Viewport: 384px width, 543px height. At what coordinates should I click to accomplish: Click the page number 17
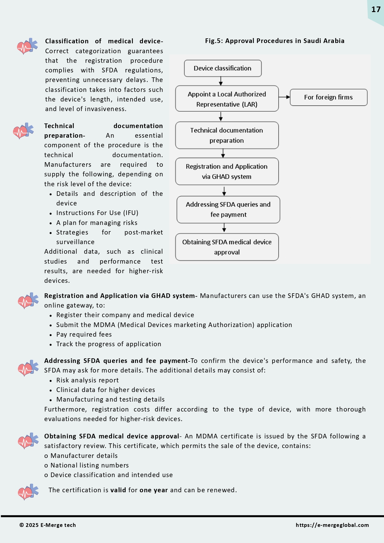click(376, 9)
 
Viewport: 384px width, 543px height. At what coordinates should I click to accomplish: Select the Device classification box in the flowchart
click(222, 68)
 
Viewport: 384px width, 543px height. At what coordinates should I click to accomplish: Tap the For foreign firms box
click(328, 97)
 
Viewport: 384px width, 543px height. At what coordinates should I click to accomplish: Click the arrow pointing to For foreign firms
click(284, 97)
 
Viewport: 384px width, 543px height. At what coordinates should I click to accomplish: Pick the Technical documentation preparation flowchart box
click(227, 135)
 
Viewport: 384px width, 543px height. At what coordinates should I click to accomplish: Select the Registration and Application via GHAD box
click(227, 171)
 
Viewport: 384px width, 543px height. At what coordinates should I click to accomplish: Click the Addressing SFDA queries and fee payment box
click(228, 209)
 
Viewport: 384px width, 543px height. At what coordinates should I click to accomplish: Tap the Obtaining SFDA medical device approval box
click(227, 247)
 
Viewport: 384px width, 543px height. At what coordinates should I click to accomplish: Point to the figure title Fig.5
click(274, 41)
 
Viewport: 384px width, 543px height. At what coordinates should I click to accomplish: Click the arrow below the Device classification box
click(221, 81)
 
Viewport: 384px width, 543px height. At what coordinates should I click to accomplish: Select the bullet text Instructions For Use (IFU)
click(97, 213)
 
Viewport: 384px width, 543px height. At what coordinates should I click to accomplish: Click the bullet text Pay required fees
click(84, 334)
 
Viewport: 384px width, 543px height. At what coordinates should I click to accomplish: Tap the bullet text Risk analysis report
click(87, 380)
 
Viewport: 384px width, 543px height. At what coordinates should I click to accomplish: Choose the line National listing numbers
click(89, 465)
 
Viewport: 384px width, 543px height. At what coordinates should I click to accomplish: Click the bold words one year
click(153, 490)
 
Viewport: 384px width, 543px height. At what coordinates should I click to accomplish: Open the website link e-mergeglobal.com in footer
click(332, 525)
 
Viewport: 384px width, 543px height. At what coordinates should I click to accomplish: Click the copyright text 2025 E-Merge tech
click(48, 525)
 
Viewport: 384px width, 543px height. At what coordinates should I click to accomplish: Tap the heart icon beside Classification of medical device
click(27, 46)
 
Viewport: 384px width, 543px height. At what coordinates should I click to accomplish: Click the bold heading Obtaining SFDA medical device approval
click(112, 436)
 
